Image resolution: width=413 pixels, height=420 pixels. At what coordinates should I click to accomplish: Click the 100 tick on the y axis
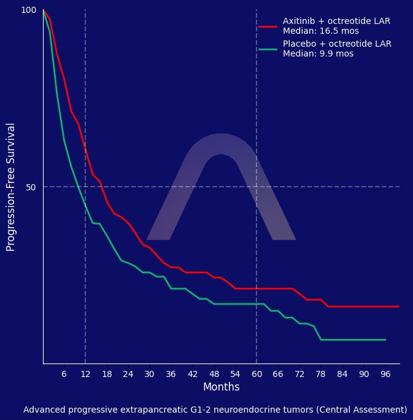click(29, 10)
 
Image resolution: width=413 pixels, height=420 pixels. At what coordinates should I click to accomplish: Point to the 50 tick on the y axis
click(31, 187)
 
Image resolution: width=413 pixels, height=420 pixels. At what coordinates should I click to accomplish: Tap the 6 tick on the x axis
click(64, 375)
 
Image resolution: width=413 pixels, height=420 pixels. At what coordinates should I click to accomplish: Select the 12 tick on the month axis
click(85, 375)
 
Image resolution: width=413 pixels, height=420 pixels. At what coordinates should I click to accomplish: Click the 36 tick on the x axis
click(171, 375)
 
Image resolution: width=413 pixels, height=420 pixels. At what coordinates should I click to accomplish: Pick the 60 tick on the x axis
click(257, 375)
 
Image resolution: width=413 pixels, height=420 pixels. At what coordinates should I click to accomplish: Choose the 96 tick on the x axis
click(385, 375)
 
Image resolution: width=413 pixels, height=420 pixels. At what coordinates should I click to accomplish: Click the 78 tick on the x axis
click(321, 375)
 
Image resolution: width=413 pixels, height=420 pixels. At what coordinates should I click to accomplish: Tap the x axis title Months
click(221, 387)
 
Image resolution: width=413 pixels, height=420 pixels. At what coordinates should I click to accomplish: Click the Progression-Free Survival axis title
click(11, 187)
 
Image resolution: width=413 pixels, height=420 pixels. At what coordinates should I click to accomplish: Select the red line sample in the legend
click(268, 26)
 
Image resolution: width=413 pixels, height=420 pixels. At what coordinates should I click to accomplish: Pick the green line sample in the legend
click(268, 49)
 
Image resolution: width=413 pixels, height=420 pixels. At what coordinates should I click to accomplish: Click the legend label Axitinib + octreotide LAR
click(336, 21)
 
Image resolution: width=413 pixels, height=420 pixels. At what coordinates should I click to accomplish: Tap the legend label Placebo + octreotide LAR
click(337, 44)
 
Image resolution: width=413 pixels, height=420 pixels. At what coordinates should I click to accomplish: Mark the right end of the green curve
click(385, 340)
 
